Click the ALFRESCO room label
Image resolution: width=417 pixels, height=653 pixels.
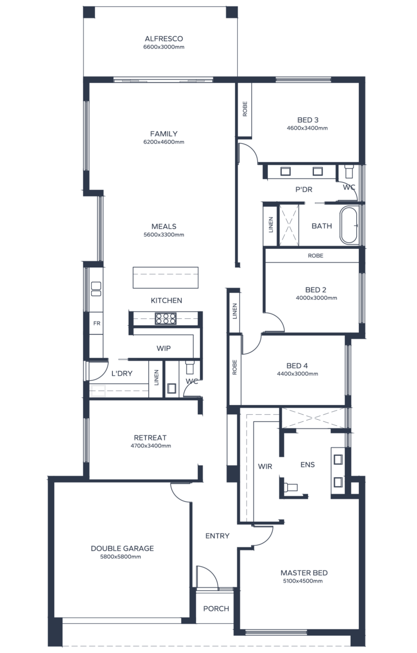click(x=163, y=39)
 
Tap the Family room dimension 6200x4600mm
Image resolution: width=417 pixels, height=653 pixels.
click(x=163, y=142)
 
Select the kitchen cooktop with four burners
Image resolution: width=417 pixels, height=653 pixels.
click(x=166, y=318)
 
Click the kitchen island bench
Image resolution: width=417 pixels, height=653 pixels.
click(x=166, y=278)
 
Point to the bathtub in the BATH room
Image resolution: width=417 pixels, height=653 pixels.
click(x=349, y=226)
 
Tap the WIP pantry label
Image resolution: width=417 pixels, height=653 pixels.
click(x=163, y=348)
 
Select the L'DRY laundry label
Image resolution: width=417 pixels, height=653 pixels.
click(x=122, y=374)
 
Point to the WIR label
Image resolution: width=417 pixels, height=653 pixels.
click(x=265, y=466)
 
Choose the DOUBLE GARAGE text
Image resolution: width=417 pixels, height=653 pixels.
click(x=122, y=548)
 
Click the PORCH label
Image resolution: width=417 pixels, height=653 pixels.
click(x=216, y=609)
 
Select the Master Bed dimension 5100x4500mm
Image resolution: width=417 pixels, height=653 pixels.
click(x=304, y=581)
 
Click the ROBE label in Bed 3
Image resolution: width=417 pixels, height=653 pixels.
click(x=245, y=109)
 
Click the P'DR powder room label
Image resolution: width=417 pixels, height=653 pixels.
click(x=304, y=189)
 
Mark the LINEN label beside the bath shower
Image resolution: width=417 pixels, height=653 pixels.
click(x=271, y=225)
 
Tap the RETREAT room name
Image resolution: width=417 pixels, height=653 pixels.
click(x=150, y=438)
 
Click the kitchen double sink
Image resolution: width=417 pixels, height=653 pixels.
click(x=96, y=289)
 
